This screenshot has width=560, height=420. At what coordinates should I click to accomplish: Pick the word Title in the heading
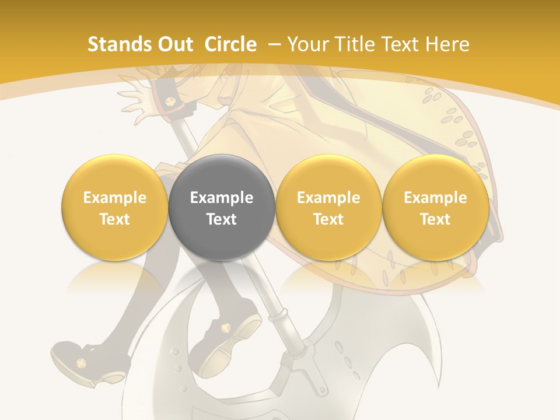pyautogui.click(x=356, y=44)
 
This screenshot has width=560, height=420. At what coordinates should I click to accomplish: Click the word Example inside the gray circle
pyautogui.click(x=222, y=198)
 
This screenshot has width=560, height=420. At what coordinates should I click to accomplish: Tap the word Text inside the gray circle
pyautogui.click(x=222, y=219)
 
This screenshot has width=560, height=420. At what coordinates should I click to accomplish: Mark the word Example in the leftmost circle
pyautogui.click(x=114, y=198)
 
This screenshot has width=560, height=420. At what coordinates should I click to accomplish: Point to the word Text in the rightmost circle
pyautogui.click(x=436, y=219)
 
